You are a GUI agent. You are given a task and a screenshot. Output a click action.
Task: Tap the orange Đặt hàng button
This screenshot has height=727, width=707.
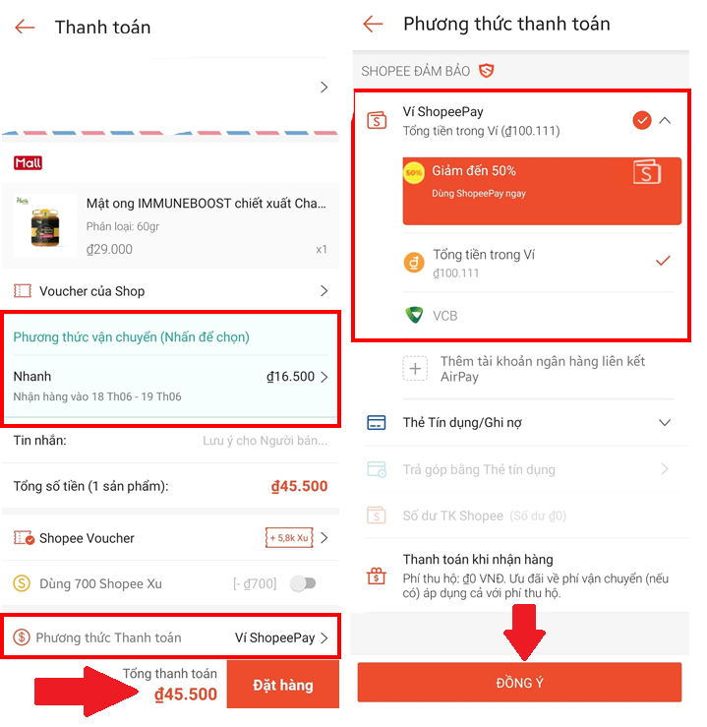pyautogui.click(x=282, y=685)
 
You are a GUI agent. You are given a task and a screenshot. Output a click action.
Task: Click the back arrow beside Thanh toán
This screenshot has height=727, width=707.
pyautogui.click(x=25, y=27)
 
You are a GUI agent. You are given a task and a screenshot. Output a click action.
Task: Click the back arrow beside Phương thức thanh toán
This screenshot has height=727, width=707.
pyautogui.click(x=373, y=24)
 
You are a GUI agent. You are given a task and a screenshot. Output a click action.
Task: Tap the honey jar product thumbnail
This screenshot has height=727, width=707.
pyautogui.click(x=45, y=226)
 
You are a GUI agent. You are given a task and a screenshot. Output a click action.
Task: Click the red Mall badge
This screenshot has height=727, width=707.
pyautogui.click(x=28, y=162)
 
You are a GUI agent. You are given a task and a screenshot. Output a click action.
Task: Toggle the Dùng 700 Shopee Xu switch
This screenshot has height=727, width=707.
pyautogui.click(x=303, y=583)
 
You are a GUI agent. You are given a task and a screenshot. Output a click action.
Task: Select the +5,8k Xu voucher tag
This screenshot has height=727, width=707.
pyautogui.click(x=289, y=538)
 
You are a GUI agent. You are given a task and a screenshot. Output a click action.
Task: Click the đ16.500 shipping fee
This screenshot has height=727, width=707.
pyautogui.click(x=290, y=377)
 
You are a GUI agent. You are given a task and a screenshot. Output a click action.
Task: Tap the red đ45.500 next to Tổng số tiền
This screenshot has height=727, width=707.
pyautogui.click(x=299, y=486)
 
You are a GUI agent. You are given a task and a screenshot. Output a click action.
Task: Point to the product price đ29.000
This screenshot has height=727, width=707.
pyautogui.click(x=109, y=250)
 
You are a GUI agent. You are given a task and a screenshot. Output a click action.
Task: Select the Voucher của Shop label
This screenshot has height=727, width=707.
pyautogui.click(x=91, y=291)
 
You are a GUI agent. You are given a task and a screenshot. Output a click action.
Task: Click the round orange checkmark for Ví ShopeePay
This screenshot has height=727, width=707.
pyautogui.click(x=642, y=121)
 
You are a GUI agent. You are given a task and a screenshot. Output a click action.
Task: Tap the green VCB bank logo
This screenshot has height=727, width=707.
pyautogui.click(x=414, y=315)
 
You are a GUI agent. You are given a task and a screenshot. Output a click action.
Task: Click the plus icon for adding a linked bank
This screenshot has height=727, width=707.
pyautogui.click(x=415, y=369)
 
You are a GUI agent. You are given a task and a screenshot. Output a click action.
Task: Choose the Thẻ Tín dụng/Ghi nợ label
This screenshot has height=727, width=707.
pyautogui.click(x=462, y=423)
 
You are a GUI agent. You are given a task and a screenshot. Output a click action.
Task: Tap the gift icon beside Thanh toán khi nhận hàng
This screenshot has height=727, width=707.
pyautogui.click(x=377, y=576)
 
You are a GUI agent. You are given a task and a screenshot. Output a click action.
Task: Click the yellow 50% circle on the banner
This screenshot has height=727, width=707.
pyautogui.click(x=414, y=172)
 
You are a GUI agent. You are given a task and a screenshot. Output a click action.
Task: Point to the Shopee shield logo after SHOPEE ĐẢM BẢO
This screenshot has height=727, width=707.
pyautogui.click(x=486, y=71)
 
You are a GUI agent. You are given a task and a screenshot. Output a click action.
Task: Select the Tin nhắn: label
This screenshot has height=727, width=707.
pyautogui.click(x=40, y=440)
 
